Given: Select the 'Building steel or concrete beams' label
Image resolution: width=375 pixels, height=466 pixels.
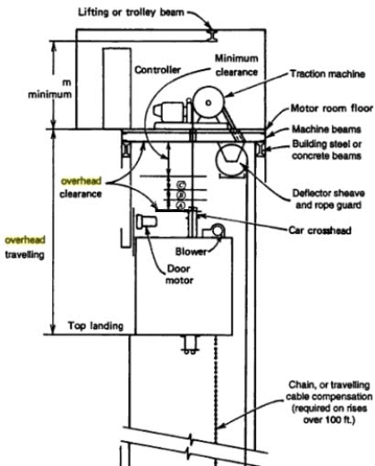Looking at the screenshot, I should (326, 149).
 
